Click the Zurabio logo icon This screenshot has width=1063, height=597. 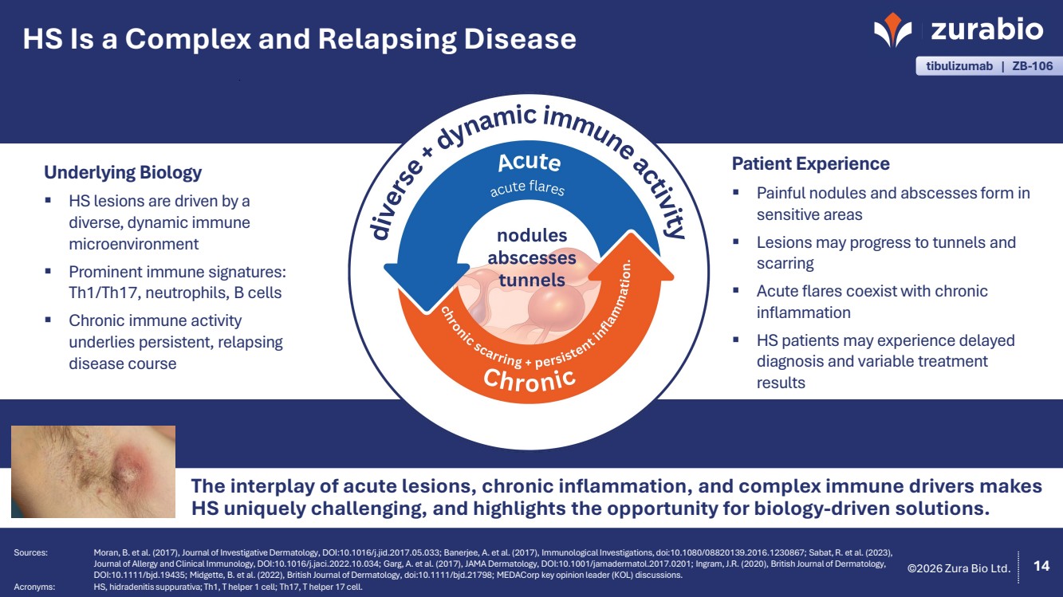(x=892, y=29)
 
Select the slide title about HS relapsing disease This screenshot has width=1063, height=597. (x=299, y=38)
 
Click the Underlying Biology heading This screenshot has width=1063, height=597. (x=123, y=172)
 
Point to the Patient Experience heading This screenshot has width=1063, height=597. (x=810, y=163)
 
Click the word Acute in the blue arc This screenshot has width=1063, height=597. (x=529, y=162)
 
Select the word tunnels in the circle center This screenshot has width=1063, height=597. (x=531, y=280)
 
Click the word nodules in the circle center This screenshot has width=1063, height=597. (x=531, y=236)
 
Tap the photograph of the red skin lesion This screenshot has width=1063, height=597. (x=93, y=471)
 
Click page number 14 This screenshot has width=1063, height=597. (x=1041, y=566)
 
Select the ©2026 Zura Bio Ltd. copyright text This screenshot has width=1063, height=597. (x=959, y=568)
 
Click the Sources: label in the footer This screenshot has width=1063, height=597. (x=31, y=552)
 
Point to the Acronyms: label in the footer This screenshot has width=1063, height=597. (x=34, y=586)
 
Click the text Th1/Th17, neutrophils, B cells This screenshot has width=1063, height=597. (x=175, y=293)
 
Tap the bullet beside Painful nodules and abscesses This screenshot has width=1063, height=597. (x=738, y=192)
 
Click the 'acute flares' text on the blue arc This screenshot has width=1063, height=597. (x=527, y=189)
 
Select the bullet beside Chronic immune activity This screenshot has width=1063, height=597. (x=49, y=320)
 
